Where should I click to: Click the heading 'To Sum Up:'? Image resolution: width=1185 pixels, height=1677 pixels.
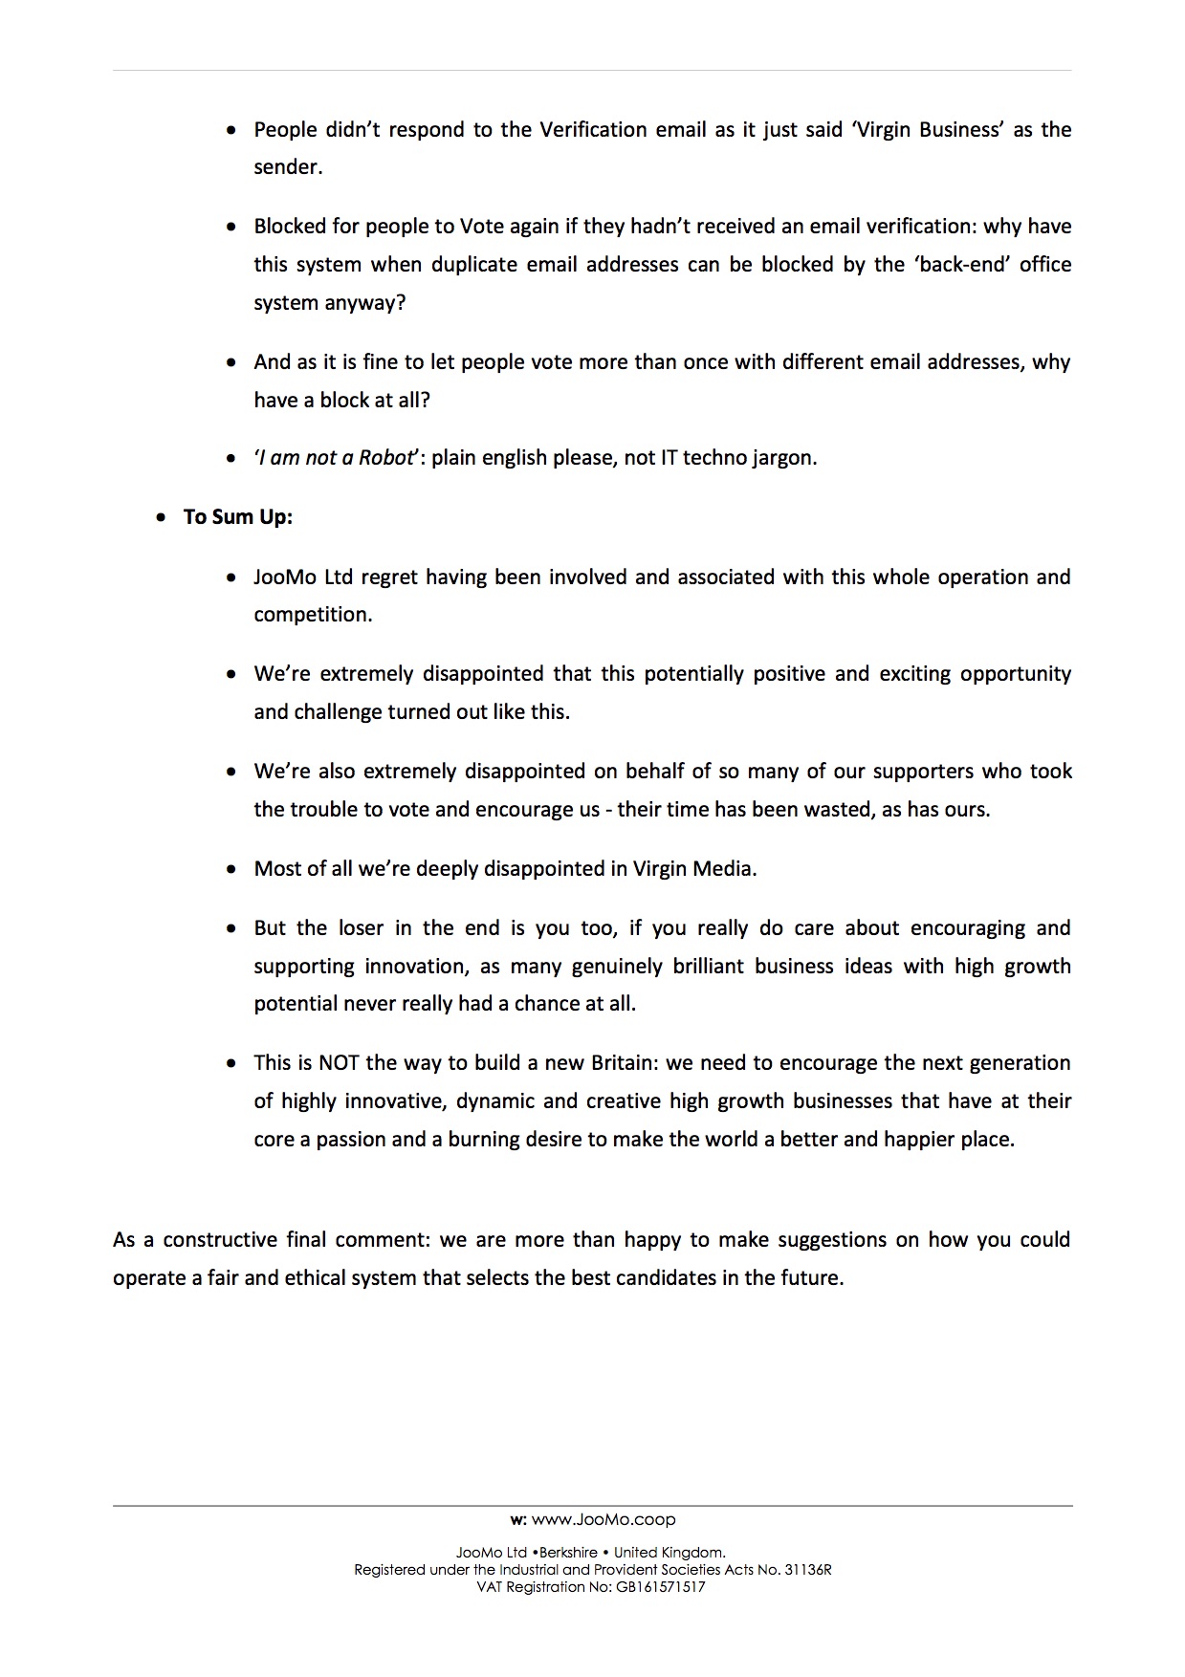click(x=238, y=517)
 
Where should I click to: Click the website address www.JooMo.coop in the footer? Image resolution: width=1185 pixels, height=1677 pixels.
click(x=603, y=1519)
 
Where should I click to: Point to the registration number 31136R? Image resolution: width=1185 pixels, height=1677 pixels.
click(x=808, y=1570)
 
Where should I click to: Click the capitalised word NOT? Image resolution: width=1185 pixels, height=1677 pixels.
click(x=339, y=1063)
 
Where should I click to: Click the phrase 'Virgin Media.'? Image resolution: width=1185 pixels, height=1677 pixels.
click(x=694, y=869)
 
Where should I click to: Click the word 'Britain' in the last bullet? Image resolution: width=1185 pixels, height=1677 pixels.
click(x=624, y=1063)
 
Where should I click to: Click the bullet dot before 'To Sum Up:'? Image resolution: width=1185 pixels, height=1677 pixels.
click(x=162, y=518)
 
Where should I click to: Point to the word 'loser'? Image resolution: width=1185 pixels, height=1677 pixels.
click(x=360, y=928)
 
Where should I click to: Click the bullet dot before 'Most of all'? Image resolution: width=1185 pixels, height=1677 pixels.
click(x=231, y=870)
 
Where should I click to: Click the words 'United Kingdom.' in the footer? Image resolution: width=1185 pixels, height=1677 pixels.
click(x=669, y=1554)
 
